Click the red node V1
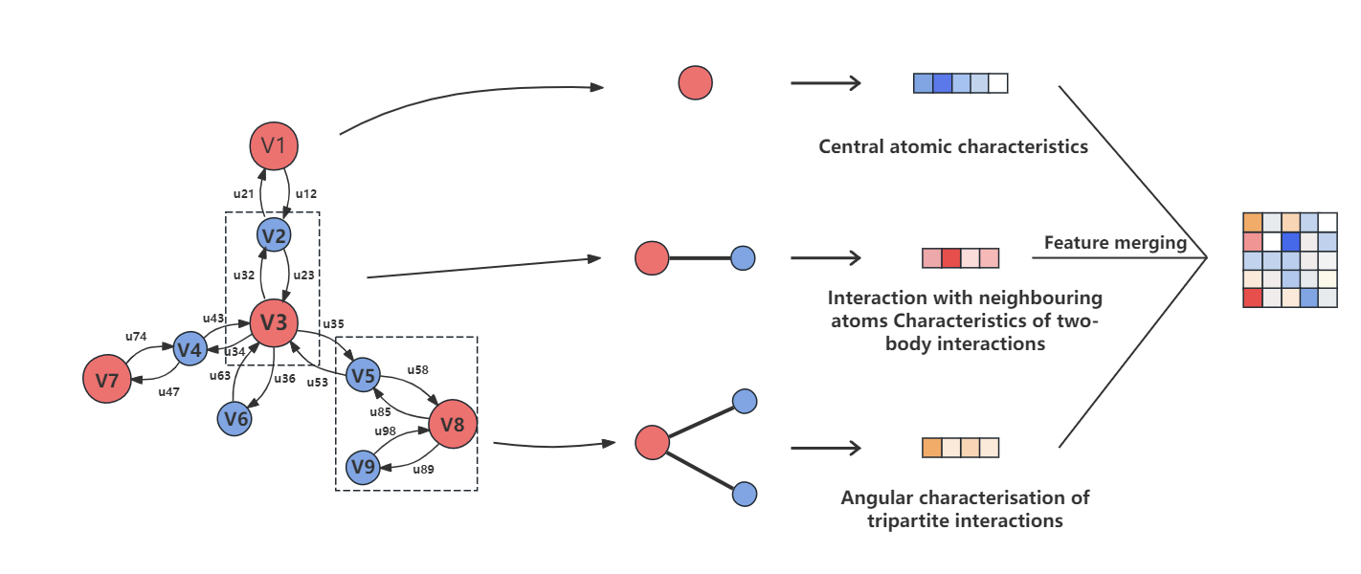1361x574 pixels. point(275,146)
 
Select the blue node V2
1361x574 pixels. point(274,235)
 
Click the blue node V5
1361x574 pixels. point(363,375)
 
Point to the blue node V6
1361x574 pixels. point(234,418)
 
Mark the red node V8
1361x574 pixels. point(453,424)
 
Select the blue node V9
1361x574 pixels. point(363,468)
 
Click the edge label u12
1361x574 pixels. point(305,193)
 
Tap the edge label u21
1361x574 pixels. point(244,193)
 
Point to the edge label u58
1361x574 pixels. point(417,369)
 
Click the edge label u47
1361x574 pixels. point(168,392)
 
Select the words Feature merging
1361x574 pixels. point(1115,243)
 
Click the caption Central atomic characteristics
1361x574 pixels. point(953,147)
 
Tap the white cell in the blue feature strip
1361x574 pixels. point(998,83)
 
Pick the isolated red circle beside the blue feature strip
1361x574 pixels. point(696,83)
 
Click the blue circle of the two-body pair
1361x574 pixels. point(743,257)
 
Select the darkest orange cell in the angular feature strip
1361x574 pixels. point(932,448)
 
